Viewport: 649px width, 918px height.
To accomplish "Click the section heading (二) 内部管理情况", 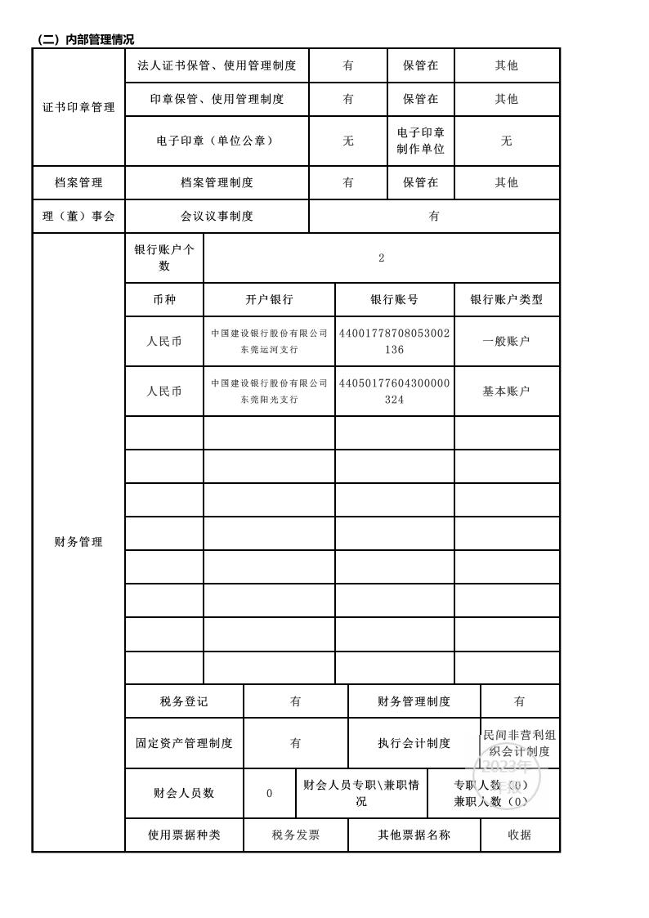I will coord(86,39).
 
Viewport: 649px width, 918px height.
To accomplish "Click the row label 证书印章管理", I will coord(78,107).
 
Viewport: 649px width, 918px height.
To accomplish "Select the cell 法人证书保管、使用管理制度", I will coord(217,65).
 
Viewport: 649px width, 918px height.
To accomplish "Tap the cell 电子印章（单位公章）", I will coord(217,141).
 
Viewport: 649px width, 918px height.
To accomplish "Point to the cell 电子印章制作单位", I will coord(420,141).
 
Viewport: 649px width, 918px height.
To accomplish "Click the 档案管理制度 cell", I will coord(217,182).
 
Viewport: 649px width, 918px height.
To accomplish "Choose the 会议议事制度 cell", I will coord(217,216).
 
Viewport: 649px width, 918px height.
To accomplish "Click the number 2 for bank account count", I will coord(381,258).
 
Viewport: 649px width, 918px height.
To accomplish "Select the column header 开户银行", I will coord(269,300).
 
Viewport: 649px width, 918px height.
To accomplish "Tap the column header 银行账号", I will coord(394,300).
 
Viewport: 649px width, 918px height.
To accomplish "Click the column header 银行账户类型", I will coord(506,300).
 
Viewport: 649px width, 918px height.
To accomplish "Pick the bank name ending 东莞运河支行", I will coord(269,342).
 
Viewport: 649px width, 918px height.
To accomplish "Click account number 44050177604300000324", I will coord(394,391).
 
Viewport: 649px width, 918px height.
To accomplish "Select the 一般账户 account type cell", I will coord(506,342).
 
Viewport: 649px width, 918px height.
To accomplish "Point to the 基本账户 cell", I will coord(506,391).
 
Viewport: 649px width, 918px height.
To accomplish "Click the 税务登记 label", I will coord(184,701).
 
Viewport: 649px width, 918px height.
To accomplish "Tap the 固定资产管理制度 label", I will coord(184,743).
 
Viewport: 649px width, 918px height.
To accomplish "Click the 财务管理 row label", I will coord(78,542).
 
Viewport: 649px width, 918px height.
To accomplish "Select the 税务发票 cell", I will coord(295,835).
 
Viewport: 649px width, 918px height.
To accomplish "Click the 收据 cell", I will coord(519,835).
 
